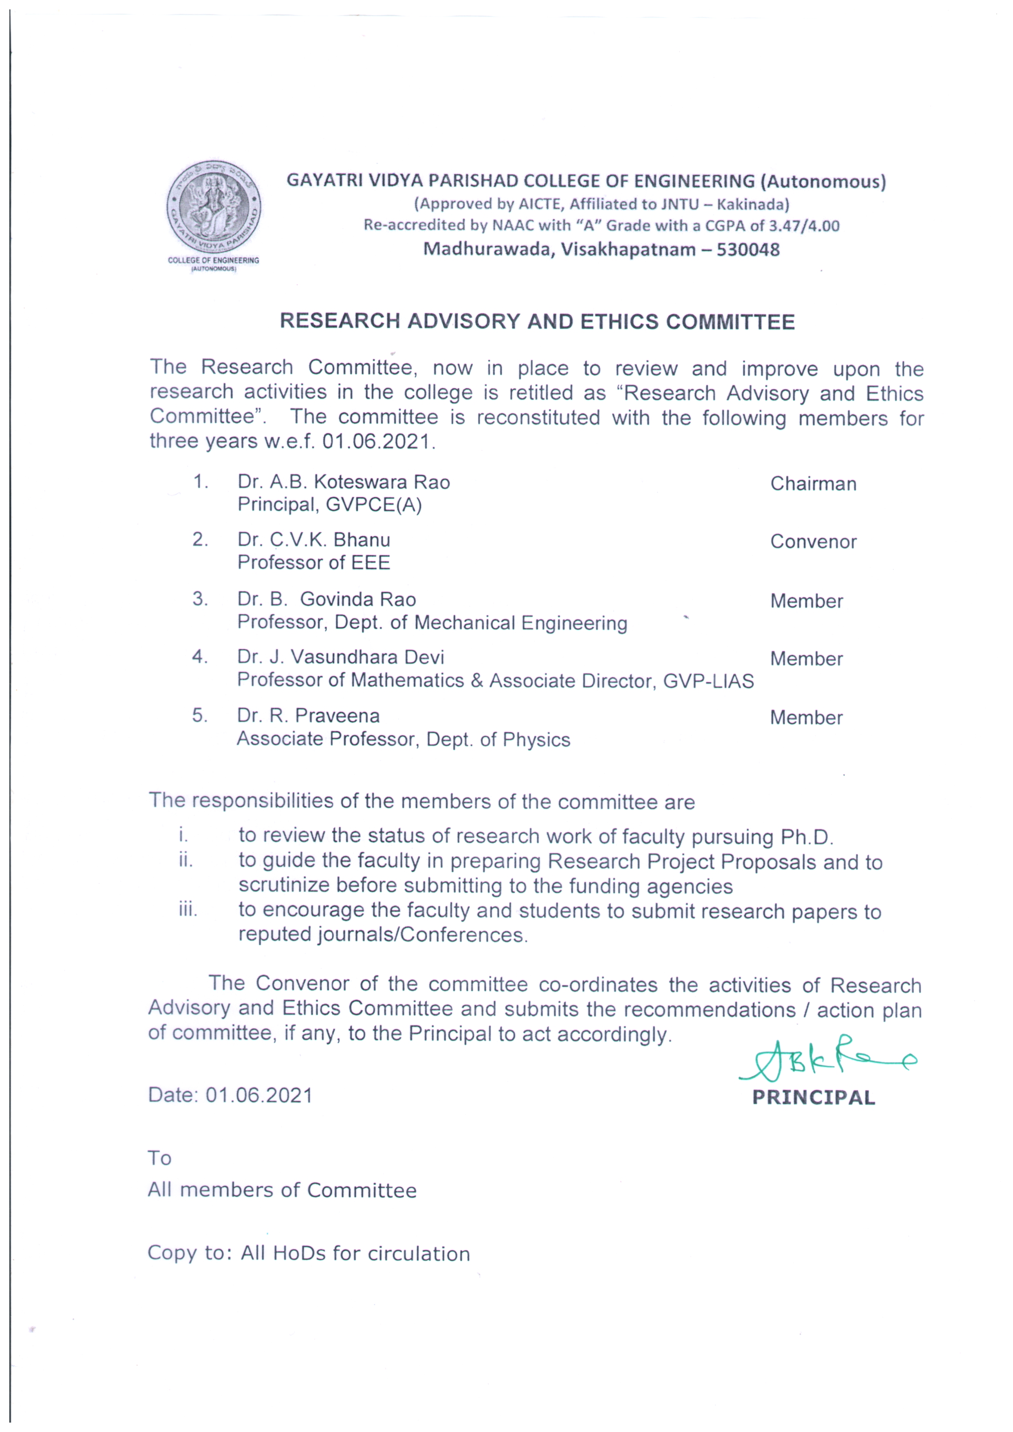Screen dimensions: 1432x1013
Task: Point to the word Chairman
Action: pyautogui.click(x=813, y=484)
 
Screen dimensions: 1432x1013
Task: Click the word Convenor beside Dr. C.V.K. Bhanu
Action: pyautogui.click(x=813, y=541)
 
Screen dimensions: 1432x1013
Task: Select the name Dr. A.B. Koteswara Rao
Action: pyautogui.click(x=343, y=482)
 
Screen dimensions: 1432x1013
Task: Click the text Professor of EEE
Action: pyautogui.click(x=313, y=563)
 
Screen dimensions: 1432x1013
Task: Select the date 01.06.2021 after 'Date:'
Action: pyautogui.click(x=259, y=1095)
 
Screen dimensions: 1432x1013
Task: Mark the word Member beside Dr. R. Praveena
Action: pyautogui.click(x=806, y=717)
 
